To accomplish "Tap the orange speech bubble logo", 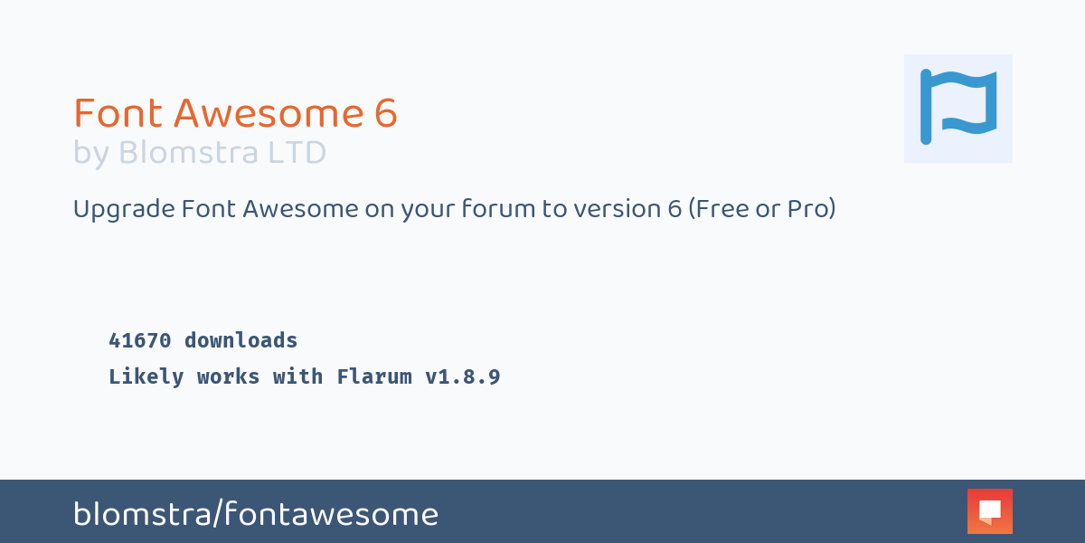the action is tap(989, 511).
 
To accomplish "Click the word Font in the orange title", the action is tap(118, 113).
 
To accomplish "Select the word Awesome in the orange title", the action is tap(269, 113).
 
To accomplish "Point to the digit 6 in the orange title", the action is tap(385, 113).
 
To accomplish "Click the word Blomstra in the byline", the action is tap(188, 153).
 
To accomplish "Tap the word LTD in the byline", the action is tap(297, 153).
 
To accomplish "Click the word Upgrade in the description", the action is tap(124, 210).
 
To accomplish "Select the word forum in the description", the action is tap(498, 209).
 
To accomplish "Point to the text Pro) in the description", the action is tap(811, 209).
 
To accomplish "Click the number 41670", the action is tap(140, 340).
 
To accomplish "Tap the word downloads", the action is tap(241, 340).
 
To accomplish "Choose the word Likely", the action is tap(146, 377).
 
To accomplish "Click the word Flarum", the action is tap(374, 376).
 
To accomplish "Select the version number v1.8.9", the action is tap(463, 376).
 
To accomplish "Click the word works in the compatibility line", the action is tap(228, 376).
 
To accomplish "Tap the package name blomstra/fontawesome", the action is tap(256, 514).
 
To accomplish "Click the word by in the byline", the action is tap(91, 154).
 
